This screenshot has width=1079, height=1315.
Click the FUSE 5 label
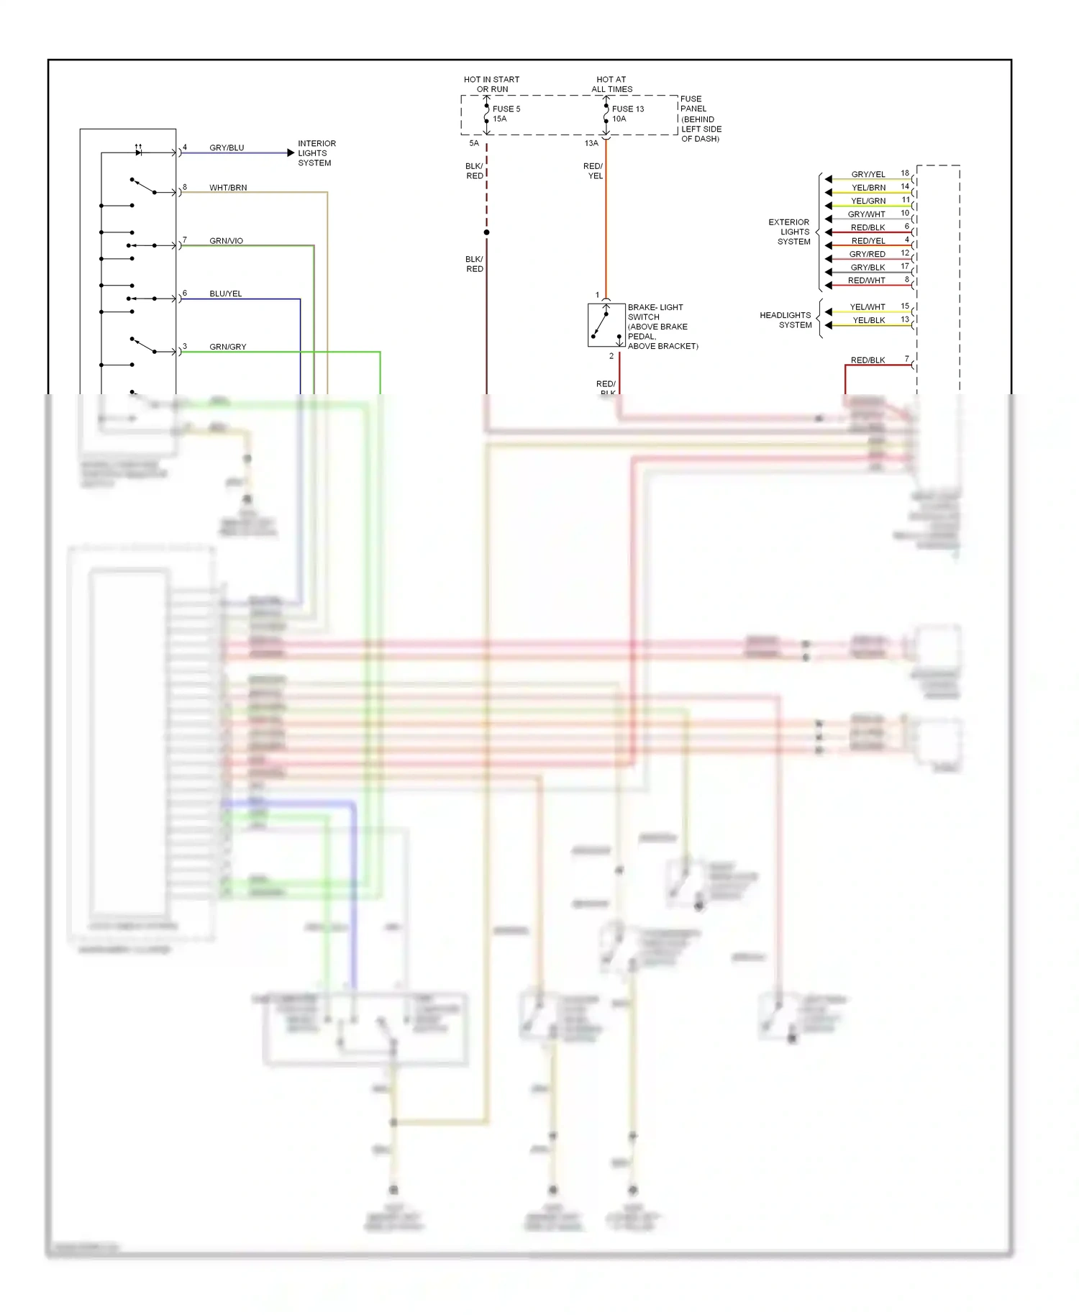tap(506, 109)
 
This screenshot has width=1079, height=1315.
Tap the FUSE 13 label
tap(627, 109)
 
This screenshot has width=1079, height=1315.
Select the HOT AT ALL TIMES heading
tap(611, 85)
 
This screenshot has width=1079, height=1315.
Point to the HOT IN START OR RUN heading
tap(491, 85)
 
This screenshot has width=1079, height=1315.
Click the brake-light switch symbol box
tap(606, 325)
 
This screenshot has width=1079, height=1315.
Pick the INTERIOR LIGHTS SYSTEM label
tap(317, 153)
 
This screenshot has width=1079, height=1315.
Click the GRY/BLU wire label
tap(227, 148)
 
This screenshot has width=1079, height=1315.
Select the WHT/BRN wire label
tap(228, 188)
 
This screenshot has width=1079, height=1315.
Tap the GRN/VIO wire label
tap(226, 241)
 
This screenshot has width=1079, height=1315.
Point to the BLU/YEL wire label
tap(225, 294)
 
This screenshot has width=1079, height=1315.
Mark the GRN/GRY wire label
tap(227, 347)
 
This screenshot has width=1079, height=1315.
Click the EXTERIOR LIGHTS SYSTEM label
tap(790, 232)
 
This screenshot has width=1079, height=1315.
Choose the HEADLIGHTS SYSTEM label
tap(786, 320)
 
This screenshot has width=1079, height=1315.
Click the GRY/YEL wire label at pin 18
tap(868, 175)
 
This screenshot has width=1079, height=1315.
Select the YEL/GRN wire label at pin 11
tap(868, 201)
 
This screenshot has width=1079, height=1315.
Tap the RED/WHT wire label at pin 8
tap(866, 281)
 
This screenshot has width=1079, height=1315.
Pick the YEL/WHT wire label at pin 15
tap(867, 307)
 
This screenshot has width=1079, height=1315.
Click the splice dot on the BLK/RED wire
tap(487, 232)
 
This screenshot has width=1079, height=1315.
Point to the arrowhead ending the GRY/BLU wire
tap(291, 153)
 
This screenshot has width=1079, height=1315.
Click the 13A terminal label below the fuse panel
tap(591, 143)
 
